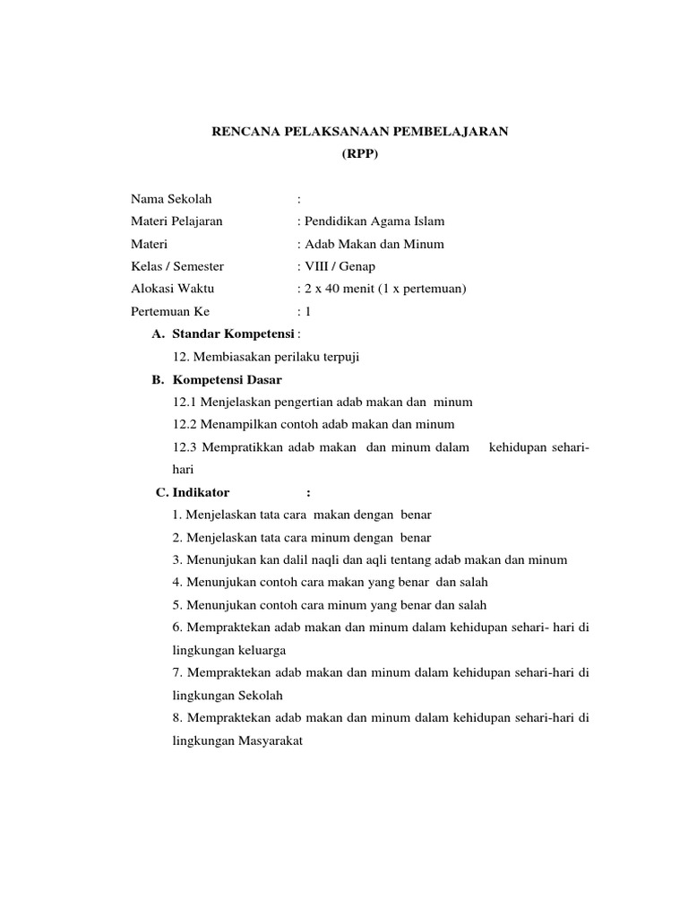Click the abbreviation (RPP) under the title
point(361,154)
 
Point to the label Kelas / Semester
point(177,266)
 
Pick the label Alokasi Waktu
point(172,289)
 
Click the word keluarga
point(267,650)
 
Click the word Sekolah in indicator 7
point(265,695)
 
